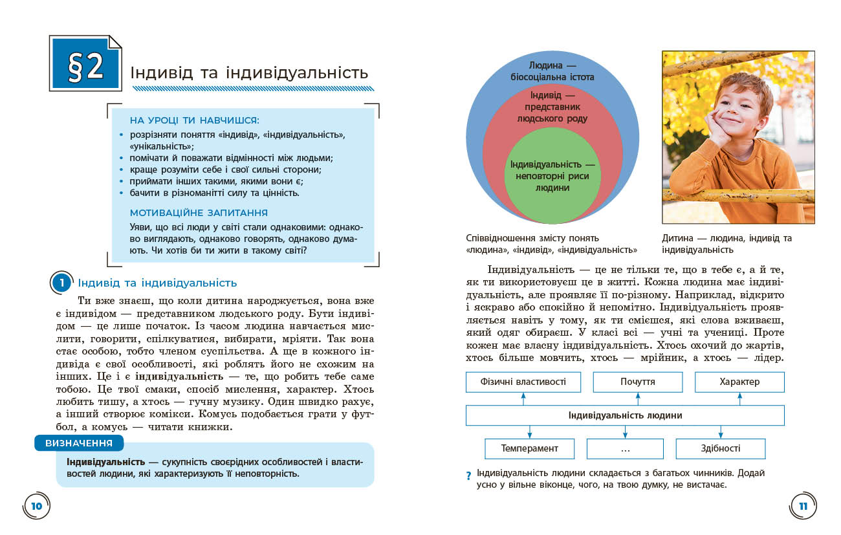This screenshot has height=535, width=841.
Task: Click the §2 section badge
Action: [86, 67]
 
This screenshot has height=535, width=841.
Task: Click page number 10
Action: [36, 506]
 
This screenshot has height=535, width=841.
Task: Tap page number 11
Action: [803, 506]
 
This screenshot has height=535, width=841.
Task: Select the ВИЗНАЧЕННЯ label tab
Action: [79, 443]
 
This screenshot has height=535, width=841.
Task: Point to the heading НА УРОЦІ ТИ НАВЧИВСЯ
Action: [194, 120]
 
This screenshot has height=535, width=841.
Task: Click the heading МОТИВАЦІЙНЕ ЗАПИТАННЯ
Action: [199, 212]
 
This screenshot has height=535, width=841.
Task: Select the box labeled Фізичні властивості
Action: [523, 382]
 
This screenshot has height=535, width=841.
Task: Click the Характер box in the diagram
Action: [739, 382]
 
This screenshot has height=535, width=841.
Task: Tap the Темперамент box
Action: [529, 448]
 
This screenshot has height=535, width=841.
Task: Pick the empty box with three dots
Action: [625, 448]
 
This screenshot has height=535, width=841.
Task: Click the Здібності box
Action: [720, 448]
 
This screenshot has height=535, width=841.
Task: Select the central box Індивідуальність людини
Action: [625, 415]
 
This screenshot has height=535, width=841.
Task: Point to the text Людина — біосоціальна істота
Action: [552, 71]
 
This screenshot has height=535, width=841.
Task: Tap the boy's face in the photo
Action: [744, 107]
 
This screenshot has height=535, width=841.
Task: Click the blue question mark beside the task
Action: [468, 477]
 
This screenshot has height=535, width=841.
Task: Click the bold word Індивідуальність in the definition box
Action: [105, 462]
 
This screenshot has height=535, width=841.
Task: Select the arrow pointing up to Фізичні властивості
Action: [523, 399]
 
